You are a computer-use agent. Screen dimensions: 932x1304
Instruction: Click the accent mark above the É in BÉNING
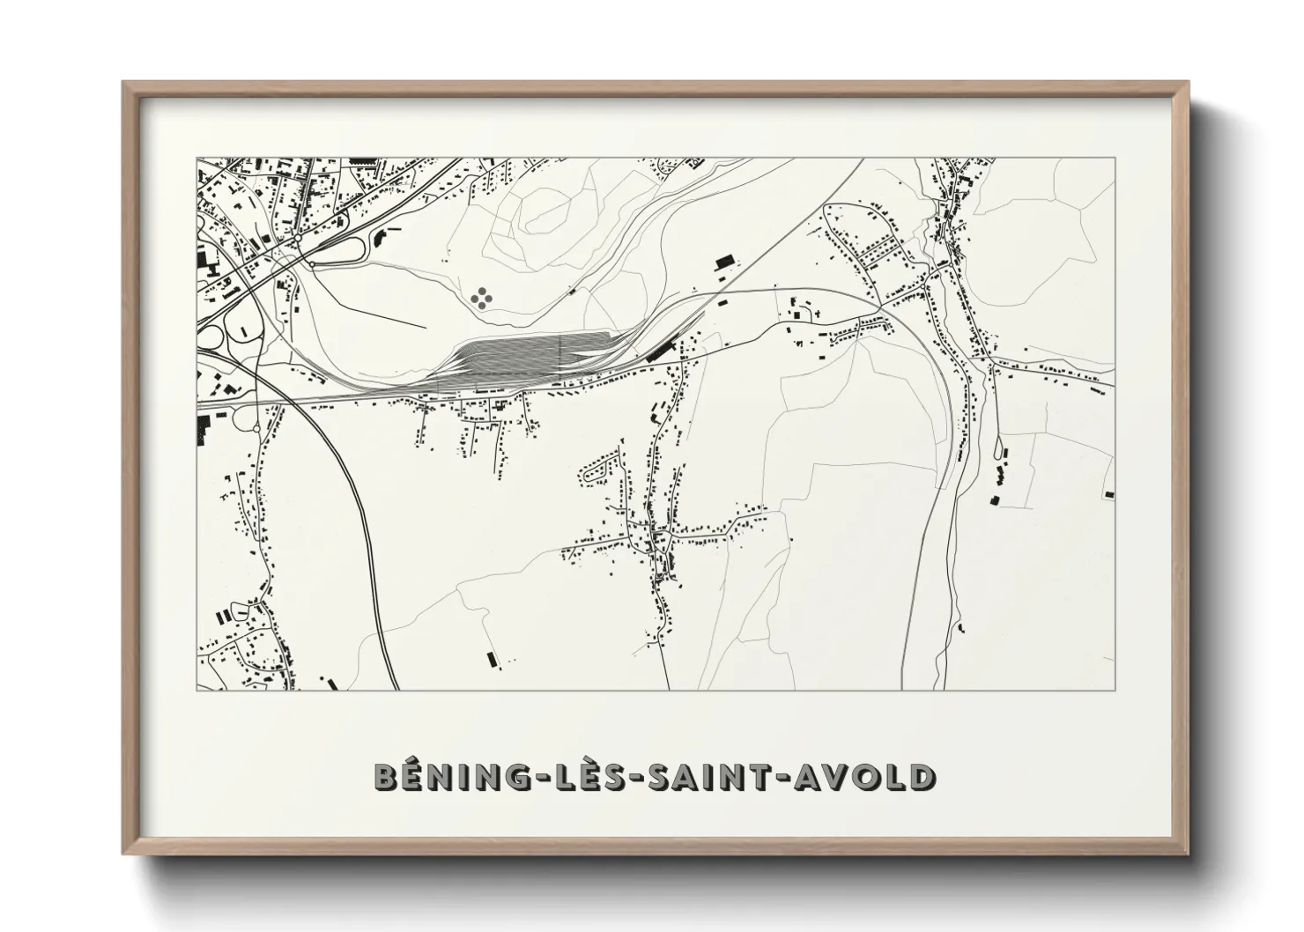click(x=415, y=759)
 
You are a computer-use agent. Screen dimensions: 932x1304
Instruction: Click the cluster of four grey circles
click(x=481, y=299)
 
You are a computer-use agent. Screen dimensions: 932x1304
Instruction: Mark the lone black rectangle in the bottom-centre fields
click(x=492, y=658)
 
